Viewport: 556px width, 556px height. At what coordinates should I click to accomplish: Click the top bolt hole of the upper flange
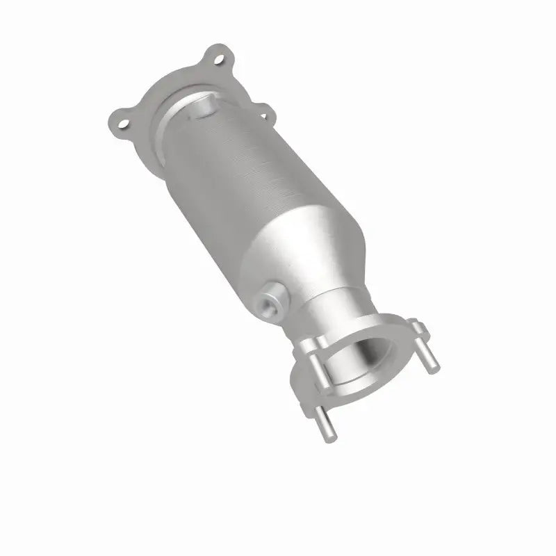220,60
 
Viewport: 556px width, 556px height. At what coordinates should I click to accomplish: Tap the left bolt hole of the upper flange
125,124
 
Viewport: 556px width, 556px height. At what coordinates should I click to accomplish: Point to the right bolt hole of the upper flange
263,109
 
